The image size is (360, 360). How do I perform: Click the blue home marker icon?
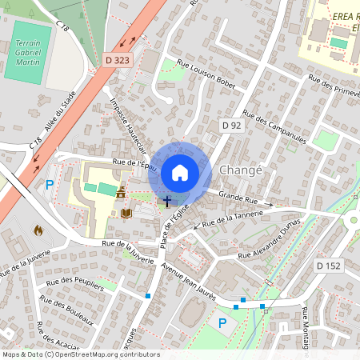(180, 172)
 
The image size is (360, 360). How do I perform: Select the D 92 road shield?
(231, 126)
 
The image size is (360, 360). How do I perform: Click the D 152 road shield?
(328, 265)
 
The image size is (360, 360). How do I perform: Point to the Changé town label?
(240, 171)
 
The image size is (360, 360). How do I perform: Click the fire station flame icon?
(38, 230)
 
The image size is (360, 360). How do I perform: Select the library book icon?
(126, 213)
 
